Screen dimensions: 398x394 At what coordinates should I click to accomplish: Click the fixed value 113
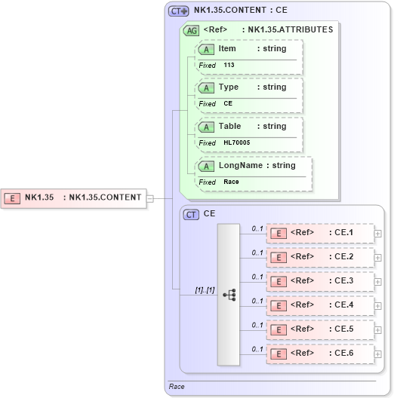pyautogui.click(x=229, y=66)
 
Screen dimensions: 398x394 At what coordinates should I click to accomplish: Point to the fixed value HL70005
pyautogui.click(x=236, y=142)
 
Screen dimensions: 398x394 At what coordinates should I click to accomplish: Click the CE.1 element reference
pyautogui.click(x=321, y=233)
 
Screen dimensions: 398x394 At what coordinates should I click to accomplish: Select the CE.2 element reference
pyautogui.click(x=321, y=257)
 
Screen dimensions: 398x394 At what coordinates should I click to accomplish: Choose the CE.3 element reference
pyautogui.click(x=321, y=281)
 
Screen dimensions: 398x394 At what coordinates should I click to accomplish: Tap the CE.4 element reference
pyautogui.click(x=321, y=305)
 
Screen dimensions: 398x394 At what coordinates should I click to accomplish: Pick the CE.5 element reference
pyautogui.click(x=321, y=329)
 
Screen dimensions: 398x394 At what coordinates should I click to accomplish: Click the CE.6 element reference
pyautogui.click(x=321, y=354)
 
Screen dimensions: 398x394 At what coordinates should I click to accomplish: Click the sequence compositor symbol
pyautogui.click(x=229, y=294)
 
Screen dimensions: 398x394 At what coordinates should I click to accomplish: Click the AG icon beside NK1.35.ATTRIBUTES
pyautogui.click(x=191, y=30)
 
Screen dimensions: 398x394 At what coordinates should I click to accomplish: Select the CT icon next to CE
pyautogui.click(x=192, y=215)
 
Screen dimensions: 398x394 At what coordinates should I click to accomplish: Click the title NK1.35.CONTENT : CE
pyautogui.click(x=239, y=11)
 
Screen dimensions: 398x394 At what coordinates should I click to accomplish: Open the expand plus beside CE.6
pyautogui.click(x=378, y=354)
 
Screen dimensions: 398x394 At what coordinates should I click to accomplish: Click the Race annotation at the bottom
pyautogui.click(x=177, y=387)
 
